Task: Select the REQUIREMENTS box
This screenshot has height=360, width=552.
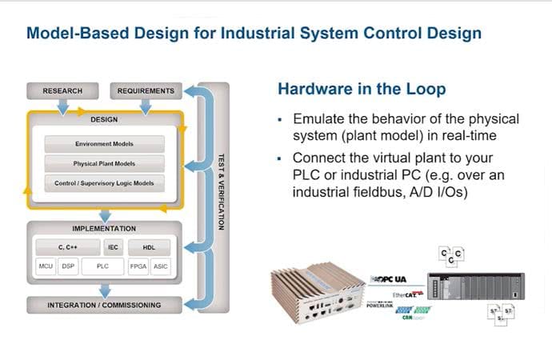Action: coord(145,90)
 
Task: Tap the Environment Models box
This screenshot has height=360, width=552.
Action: coord(104,144)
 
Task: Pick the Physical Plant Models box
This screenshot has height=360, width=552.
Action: coord(104,164)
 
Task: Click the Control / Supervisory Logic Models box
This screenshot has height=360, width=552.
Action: coord(104,183)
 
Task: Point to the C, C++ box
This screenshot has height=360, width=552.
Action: coord(66,247)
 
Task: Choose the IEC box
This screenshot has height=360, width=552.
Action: coord(113,247)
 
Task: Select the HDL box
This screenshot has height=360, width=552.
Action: coord(149,247)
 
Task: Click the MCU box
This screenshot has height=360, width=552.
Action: coord(46,265)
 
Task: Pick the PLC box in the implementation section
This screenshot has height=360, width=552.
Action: coord(102,265)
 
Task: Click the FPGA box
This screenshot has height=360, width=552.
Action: coord(138,265)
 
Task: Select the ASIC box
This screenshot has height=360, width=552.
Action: coord(160,265)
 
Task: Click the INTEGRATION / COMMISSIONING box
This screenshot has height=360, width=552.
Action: coord(104,305)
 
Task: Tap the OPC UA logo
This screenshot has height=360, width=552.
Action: coord(390,279)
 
